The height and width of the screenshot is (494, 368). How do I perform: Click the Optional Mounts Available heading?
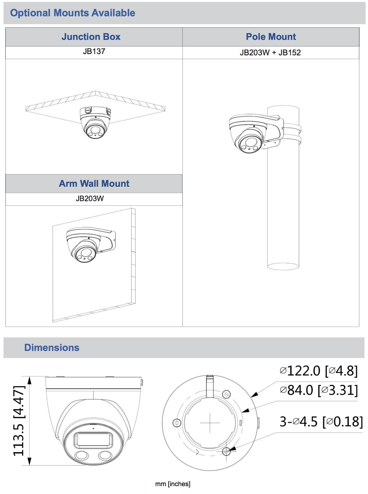(72, 13)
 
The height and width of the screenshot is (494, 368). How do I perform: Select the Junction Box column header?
(91, 37)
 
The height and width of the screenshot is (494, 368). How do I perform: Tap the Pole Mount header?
(271, 37)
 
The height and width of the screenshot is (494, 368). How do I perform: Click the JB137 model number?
(94, 51)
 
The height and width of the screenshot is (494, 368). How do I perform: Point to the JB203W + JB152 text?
(270, 53)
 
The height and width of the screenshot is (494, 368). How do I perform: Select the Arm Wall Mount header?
(94, 183)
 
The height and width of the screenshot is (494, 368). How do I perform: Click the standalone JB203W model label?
(90, 198)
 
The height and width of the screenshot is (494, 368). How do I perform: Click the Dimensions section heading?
(52, 347)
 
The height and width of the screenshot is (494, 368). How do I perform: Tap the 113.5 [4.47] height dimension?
(19, 420)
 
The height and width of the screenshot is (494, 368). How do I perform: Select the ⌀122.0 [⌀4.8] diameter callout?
(319, 371)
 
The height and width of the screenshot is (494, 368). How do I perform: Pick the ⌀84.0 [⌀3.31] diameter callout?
(319, 390)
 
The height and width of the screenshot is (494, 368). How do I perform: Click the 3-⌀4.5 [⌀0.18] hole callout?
(321, 422)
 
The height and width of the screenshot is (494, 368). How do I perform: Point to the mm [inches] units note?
(173, 484)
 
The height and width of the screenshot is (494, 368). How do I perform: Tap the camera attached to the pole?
(248, 134)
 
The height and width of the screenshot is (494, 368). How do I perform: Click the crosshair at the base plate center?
(210, 423)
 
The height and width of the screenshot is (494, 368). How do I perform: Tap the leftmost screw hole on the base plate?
(177, 423)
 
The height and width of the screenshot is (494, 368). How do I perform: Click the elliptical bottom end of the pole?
(283, 266)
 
